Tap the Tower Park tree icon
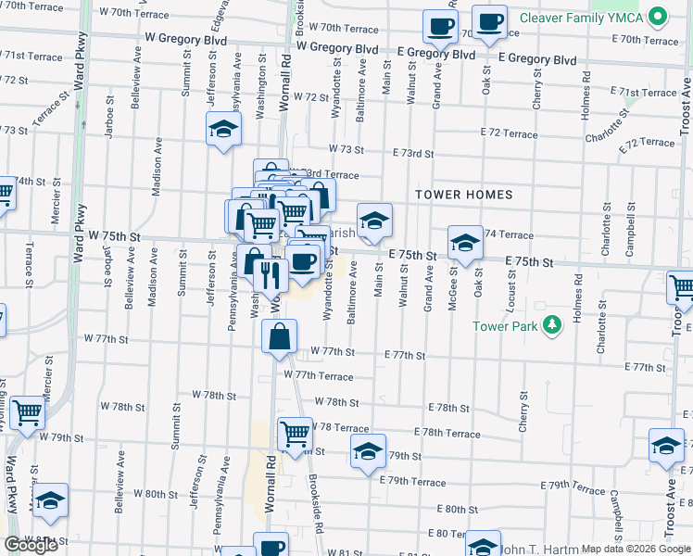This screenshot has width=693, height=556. [552, 324]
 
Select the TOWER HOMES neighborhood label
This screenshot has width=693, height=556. [463, 195]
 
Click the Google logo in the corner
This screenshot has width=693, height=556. [30, 545]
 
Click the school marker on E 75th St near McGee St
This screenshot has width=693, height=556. [465, 243]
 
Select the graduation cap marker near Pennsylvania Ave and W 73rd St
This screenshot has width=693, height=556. [223, 130]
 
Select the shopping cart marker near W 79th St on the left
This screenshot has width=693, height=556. [27, 412]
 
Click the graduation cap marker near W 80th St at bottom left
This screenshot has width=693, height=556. [51, 500]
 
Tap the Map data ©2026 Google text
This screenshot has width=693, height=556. [636, 549]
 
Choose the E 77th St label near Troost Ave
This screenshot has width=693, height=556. [652, 368]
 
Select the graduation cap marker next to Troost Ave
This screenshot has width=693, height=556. [666, 446]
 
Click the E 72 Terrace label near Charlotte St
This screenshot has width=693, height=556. [647, 143]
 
